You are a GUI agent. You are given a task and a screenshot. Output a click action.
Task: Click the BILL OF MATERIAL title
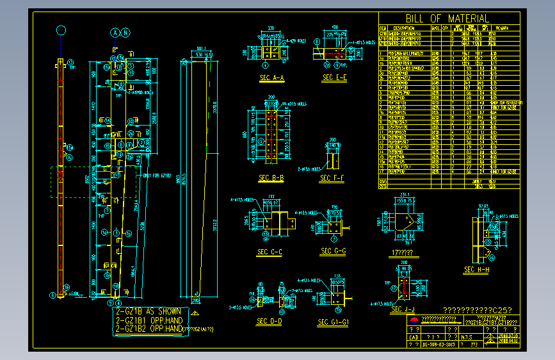pos(447,19)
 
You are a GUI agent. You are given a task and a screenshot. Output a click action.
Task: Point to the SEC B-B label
pos(271,177)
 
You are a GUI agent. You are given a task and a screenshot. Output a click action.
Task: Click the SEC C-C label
pos(270,252)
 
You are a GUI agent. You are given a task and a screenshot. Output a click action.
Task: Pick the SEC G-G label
pos(334,251)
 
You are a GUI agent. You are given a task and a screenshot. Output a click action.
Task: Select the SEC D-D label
pos(269,321)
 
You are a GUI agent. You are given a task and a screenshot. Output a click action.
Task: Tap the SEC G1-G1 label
pos(334,322)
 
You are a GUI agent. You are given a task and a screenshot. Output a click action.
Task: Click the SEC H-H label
pos(476,270)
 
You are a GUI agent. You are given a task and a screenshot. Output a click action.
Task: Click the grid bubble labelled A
pos(115,32)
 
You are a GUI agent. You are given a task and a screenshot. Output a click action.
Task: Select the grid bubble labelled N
pos(126,32)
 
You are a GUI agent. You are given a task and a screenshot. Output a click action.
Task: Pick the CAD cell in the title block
pos(414,336)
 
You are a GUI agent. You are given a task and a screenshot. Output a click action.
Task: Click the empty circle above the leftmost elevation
pos(61,30)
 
